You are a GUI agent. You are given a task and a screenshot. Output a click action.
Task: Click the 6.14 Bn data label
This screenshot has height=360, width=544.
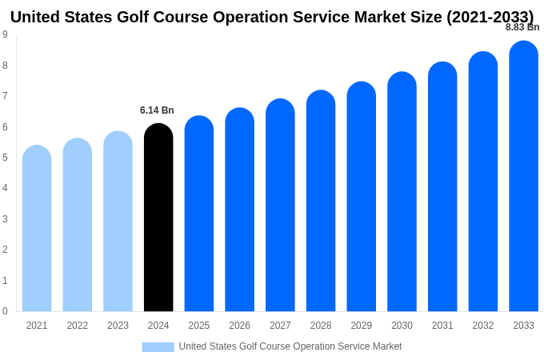tap(157, 110)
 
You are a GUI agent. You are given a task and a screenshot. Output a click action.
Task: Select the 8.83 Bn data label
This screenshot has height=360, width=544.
tap(522, 27)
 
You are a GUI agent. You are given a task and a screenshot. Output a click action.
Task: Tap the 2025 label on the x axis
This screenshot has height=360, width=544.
tap(199, 326)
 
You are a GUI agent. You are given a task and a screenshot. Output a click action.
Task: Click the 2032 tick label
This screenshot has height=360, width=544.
tap(482, 326)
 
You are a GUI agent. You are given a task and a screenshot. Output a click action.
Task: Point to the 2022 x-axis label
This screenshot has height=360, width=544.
tap(78, 326)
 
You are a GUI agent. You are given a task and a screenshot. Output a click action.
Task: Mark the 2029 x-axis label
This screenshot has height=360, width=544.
tap(361, 326)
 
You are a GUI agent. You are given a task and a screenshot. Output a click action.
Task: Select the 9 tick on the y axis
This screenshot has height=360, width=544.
tap(5, 34)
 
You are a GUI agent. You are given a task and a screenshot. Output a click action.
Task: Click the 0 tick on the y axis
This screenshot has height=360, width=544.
tap(5, 311)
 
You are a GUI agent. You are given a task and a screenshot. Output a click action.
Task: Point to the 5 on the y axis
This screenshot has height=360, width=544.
tap(5, 158)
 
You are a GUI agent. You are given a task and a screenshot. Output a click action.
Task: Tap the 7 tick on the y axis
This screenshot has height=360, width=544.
tap(5, 96)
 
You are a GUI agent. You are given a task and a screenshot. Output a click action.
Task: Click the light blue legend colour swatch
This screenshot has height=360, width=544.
tap(158, 346)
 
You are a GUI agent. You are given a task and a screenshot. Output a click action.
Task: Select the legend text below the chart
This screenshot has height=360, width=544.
tap(290, 346)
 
